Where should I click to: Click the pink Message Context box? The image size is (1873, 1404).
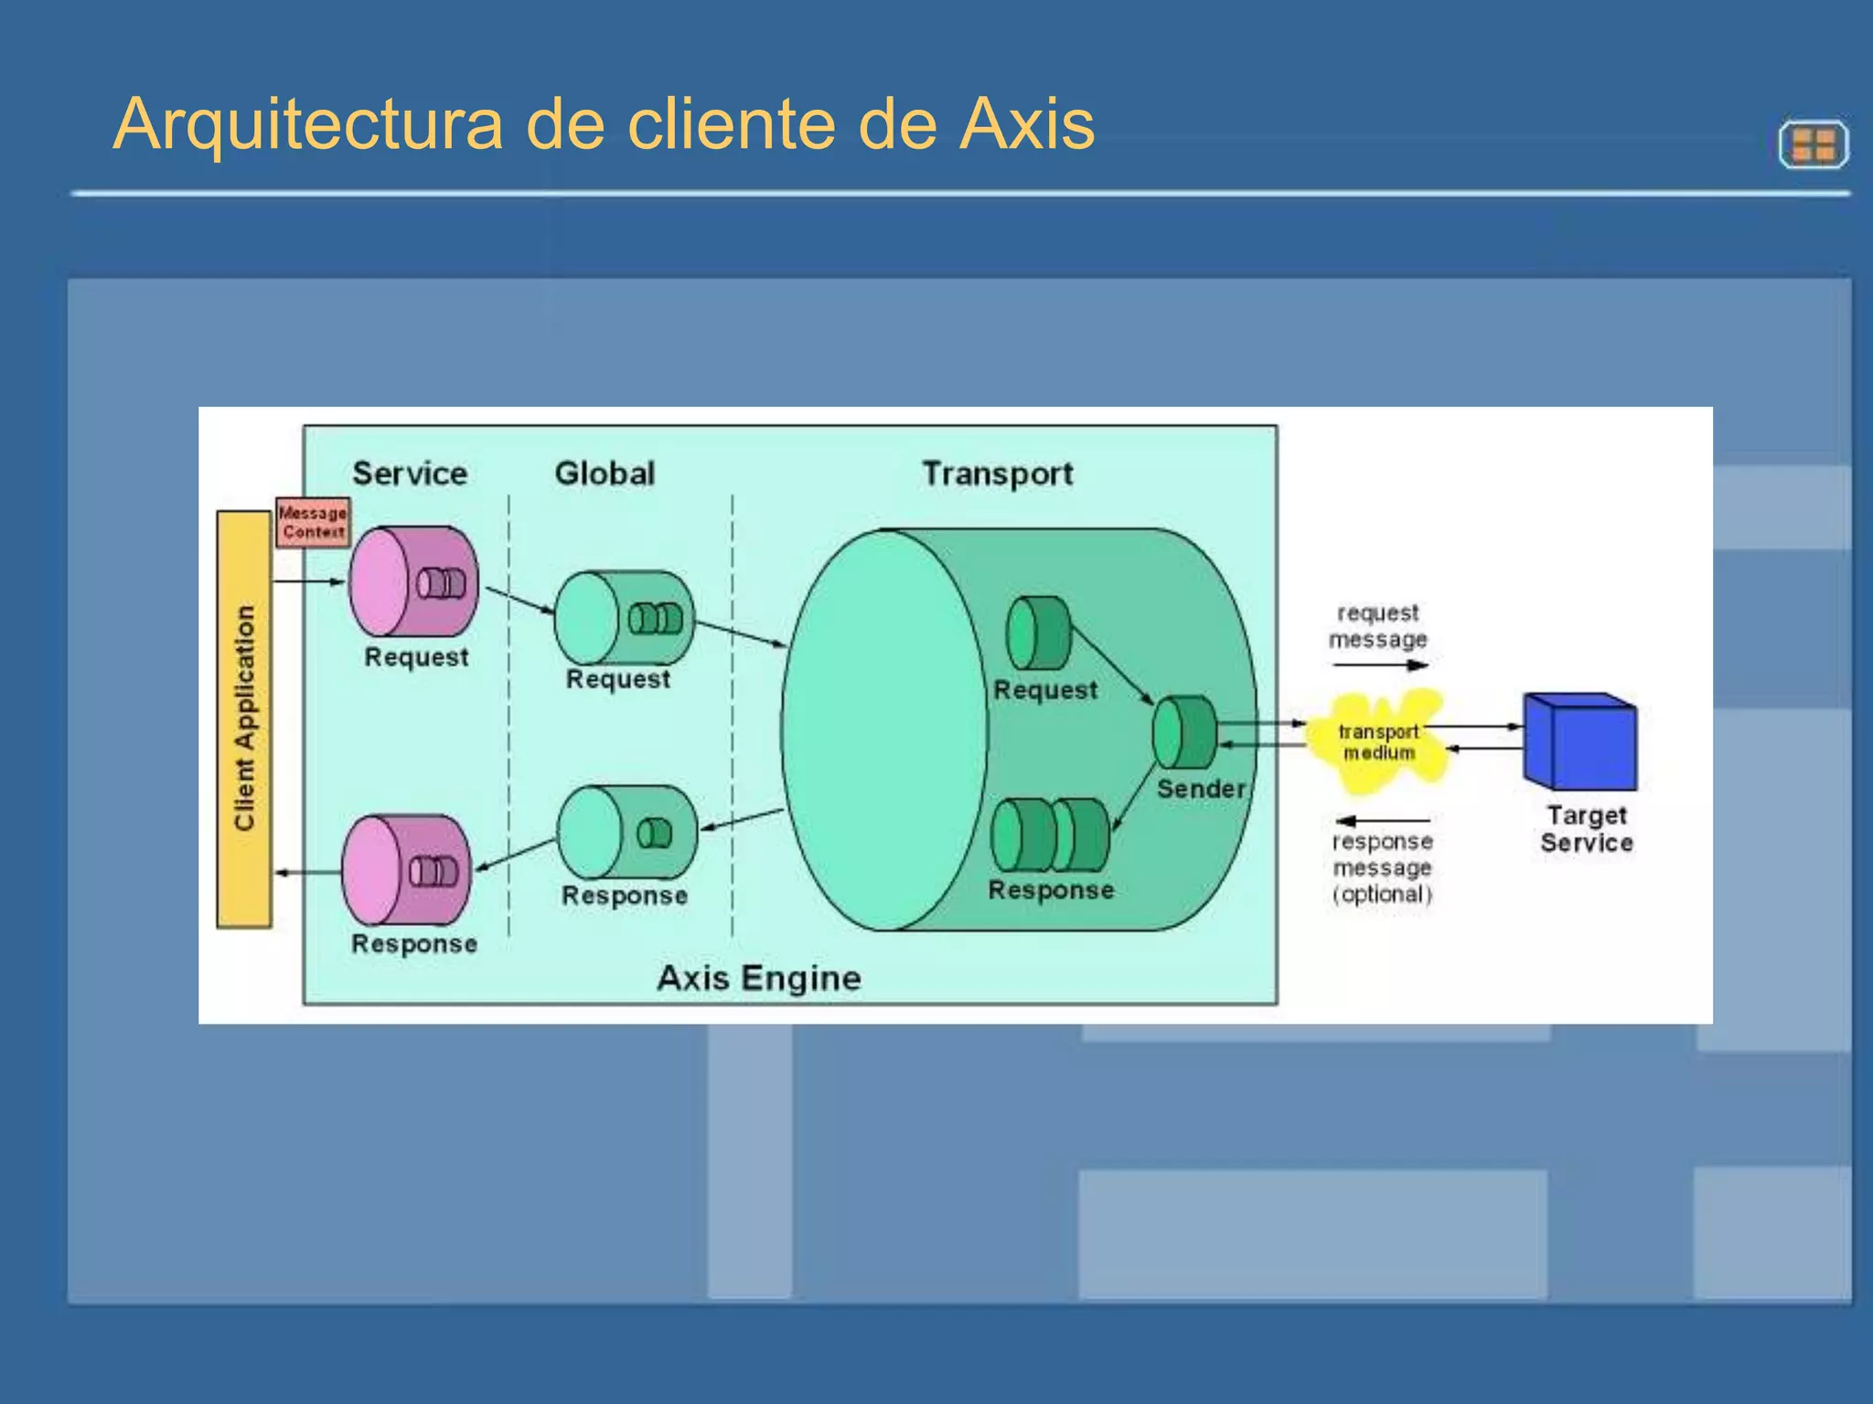click(x=313, y=523)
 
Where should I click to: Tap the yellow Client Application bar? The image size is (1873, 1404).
click(x=244, y=718)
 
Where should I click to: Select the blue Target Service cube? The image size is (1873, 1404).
click(x=1580, y=741)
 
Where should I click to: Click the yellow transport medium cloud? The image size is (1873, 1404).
click(x=1377, y=741)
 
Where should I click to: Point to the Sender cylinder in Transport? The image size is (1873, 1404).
click(x=1184, y=732)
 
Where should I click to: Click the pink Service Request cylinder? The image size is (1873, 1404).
click(x=413, y=582)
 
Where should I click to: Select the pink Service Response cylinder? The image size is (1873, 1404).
click(x=406, y=870)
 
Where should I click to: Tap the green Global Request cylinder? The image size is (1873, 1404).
click(x=624, y=618)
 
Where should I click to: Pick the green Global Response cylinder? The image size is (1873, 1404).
click(x=626, y=833)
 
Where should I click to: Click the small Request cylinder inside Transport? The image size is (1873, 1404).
click(x=1038, y=633)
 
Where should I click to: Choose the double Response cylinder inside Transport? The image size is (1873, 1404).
click(x=1051, y=835)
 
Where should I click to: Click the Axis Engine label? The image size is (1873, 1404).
click(x=758, y=978)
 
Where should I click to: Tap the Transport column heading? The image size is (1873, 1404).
click(x=997, y=473)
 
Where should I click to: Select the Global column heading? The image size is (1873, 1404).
click(x=605, y=473)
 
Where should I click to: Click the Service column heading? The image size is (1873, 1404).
click(x=410, y=473)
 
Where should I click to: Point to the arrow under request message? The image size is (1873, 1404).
click(x=1380, y=665)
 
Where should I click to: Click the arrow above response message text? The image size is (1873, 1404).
click(x=1382, y=821)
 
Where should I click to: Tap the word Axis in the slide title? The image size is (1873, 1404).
click(x=1026, y=124)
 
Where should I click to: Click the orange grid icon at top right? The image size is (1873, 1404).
click(x=1814, y=144)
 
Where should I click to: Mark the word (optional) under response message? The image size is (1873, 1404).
click(x=1382, y=894)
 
